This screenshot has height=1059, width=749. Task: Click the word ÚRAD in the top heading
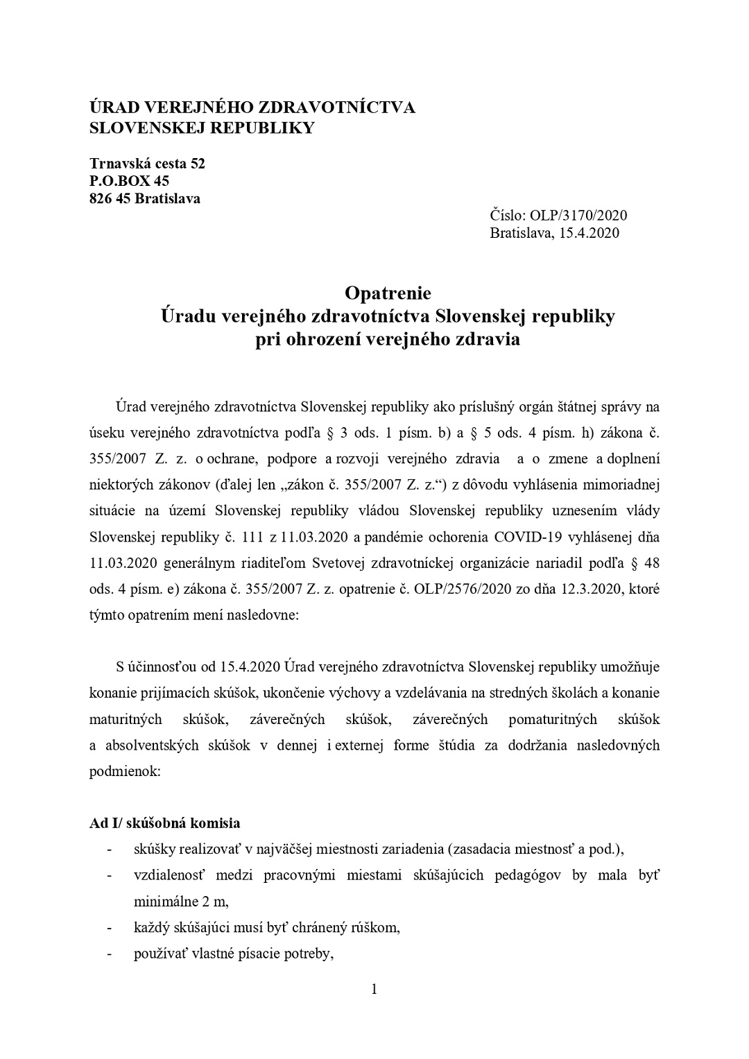click(x=115, y=107)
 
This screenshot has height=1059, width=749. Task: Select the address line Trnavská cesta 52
click(x=147, y=164)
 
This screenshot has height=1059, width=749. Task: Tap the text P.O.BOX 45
click(x=130, y=181)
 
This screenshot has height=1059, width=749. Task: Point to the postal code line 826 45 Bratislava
click(x=145, y=198)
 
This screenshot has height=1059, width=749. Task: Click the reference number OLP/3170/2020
click(x=583, y=216)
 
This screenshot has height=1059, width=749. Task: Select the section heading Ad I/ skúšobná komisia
click(x=165, y=823)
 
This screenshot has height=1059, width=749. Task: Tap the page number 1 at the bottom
click(x=374, y=990)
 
